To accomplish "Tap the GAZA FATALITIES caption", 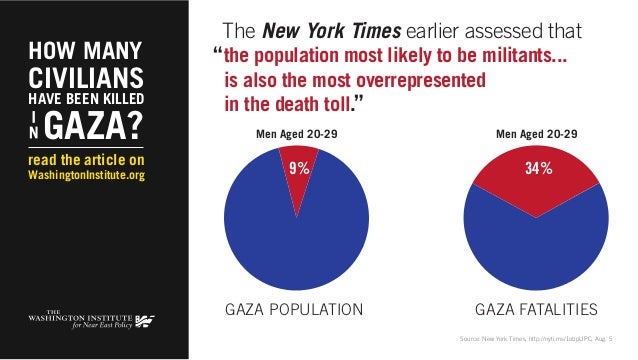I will coord(536,307).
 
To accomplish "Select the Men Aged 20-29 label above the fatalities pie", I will coord(536,132).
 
